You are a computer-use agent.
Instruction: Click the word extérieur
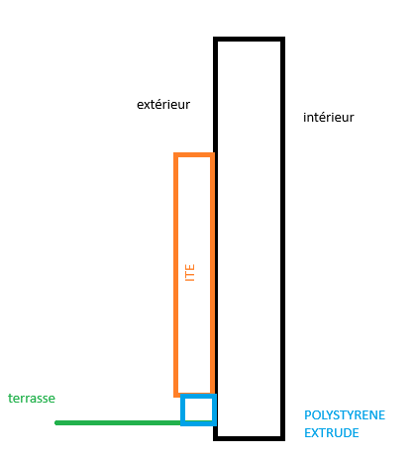click(x=163, y=105)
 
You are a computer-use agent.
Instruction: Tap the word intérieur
click(x=329, y=118)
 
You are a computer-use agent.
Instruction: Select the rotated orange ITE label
click(x=190, y=272)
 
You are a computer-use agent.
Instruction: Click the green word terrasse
click(x=32, y=398)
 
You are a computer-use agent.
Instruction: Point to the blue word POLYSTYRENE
click(x=345, y=415)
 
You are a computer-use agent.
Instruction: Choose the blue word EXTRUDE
click(x=332, y=433)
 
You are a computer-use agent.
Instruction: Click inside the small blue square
click(x=198, y=410)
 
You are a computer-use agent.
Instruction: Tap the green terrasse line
click(x=119, y=422)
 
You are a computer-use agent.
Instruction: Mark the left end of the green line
click(x=55, y=422)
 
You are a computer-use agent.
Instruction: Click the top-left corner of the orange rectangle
click(x=175, y=154)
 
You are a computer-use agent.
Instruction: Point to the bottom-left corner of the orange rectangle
click(x=175, y=395)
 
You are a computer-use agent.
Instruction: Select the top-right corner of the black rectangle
click(x=283, y=39)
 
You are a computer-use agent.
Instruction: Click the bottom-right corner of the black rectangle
click(x=283, y=438)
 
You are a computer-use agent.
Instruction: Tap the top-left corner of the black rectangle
click(x=215, y=39)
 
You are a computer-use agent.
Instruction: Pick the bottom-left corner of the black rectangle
click(x=215, y=438)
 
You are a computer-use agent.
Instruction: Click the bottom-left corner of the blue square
click(x=182, y=423)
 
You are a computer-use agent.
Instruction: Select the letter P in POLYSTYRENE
click(x=308, y=415)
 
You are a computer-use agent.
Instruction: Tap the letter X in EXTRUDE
click(x=315, y=433)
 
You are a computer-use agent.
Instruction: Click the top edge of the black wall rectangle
click(x=249, y=39)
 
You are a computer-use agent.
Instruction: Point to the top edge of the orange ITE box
click(x=194, y=154)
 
